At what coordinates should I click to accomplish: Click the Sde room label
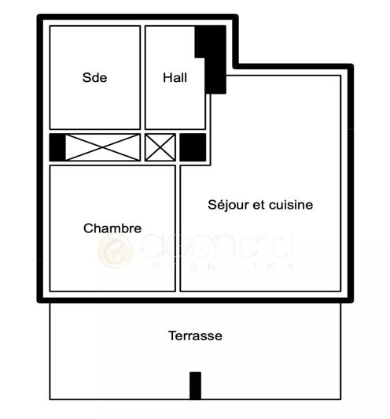[x=94, y=77]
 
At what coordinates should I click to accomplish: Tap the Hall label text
[x=175, y=77]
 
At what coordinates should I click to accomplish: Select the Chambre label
[x=112, y=228]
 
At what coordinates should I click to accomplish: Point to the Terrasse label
[x=195, y=336]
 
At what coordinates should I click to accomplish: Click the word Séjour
[x=227, y=205]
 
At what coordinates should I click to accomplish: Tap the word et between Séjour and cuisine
[x=257, y=205]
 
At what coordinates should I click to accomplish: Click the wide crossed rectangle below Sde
[x=102, y=147]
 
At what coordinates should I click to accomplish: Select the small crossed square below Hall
[x=160, y=147]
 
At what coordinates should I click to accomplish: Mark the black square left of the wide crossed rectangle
[x=57, y=147]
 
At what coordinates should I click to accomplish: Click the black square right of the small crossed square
[x=193, y=147]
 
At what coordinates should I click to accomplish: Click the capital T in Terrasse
[x=171, y=336]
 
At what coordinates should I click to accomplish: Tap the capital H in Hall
[x=167, y=77]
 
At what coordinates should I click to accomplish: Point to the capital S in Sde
[x=86, y=77]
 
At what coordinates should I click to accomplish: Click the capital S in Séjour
[x=212, y=205]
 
